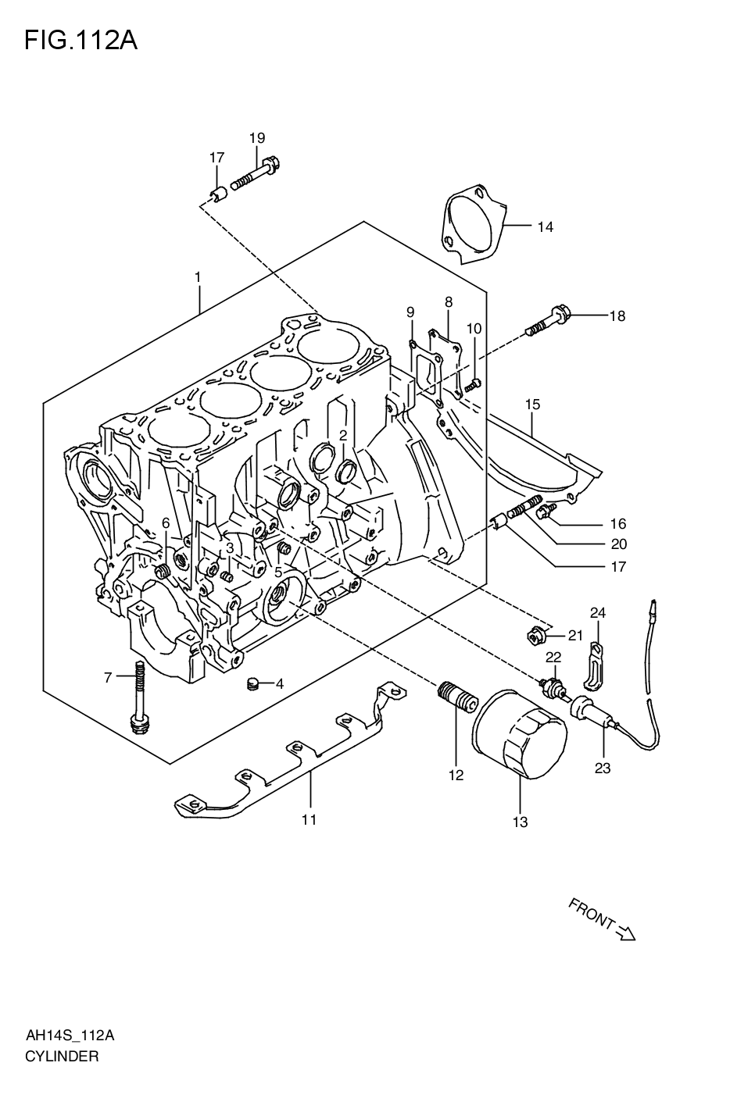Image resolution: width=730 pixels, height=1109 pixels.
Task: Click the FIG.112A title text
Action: click(81, 40)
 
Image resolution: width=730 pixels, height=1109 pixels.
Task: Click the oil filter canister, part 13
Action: click(519, 734)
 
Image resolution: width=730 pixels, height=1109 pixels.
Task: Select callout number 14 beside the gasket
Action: click(545, 227)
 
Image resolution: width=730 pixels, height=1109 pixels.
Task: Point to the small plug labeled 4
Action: click(252, 683)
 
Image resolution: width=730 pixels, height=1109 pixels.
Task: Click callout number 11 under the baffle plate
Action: click(309, 819)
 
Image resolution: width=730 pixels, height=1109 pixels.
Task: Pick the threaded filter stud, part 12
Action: click(456, 694)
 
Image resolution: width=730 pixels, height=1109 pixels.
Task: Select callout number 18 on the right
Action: click(617, 316)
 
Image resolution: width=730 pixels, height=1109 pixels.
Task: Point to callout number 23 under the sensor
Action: click(602, 768)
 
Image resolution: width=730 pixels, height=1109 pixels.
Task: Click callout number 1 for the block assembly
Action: click(198, 277)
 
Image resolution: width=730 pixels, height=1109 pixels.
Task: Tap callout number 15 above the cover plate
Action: click(532, 405)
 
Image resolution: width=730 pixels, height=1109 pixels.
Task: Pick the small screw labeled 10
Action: click(472, 383)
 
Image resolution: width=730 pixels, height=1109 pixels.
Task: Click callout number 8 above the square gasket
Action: click(449, 301)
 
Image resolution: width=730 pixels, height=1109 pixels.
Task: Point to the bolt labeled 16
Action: click(546, 512)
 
